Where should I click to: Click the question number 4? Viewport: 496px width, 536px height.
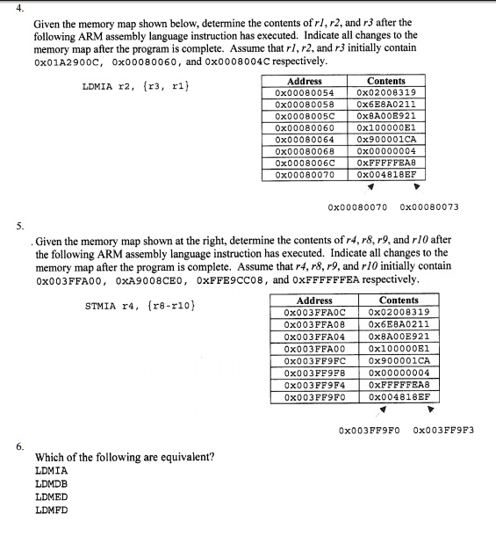pos(19,8)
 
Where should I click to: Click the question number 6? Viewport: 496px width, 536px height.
pos(19,446)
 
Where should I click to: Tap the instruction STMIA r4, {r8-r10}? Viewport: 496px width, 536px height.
pos(140,307)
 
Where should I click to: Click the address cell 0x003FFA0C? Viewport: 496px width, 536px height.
pos(317,312)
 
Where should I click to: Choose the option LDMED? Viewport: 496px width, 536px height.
pos(51,496)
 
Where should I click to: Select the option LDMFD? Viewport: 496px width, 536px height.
pos(51,509)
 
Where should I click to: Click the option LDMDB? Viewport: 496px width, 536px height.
pos(51,483)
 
